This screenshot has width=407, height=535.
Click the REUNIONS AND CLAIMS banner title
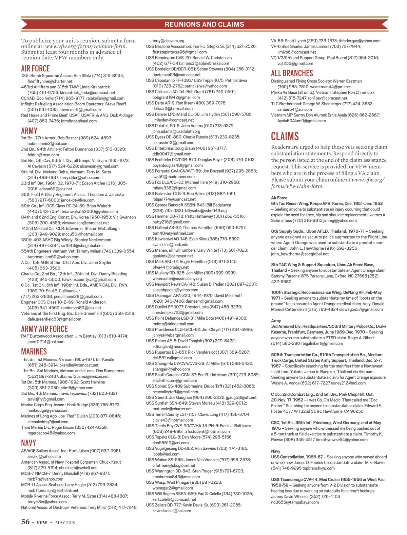204,24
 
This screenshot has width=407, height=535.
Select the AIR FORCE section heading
35,69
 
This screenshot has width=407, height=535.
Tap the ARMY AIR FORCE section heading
44,329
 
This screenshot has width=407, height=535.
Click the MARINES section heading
34,352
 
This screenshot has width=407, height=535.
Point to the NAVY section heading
28,443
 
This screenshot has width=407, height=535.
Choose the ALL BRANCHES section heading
292,73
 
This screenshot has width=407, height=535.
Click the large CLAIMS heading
285,136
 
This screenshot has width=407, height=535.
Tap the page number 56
25,522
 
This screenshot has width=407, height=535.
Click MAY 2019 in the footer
65,522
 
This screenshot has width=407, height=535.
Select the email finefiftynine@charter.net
50,81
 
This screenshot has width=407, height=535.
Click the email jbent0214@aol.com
46,342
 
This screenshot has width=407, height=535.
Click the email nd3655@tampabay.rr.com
295,502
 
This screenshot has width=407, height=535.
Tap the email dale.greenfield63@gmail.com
54,319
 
